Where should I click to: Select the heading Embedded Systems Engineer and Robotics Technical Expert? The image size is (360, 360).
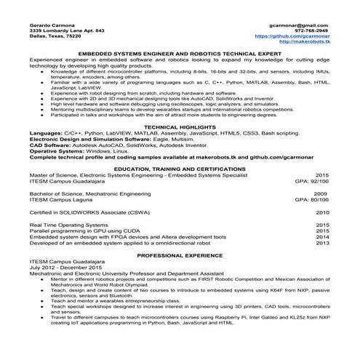pyautogui.click(x=180, y=54)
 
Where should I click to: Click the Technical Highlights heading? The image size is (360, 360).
pyautogui.click(x=180, y=126)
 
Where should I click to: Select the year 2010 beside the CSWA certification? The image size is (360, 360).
pyautogui.click(x=322, y=212)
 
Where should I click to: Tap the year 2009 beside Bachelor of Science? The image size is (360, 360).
pyautogui.click(x=321, y=193)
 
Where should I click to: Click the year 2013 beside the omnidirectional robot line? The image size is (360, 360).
pyautogui.click(x=322, y=243)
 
